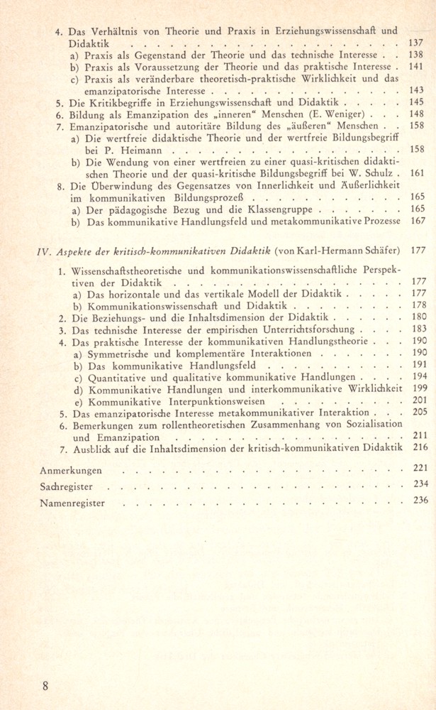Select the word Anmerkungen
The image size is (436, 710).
pyautogui.click(x=70, y=470)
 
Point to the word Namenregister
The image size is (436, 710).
pyautogui.click(x=72, y=503)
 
